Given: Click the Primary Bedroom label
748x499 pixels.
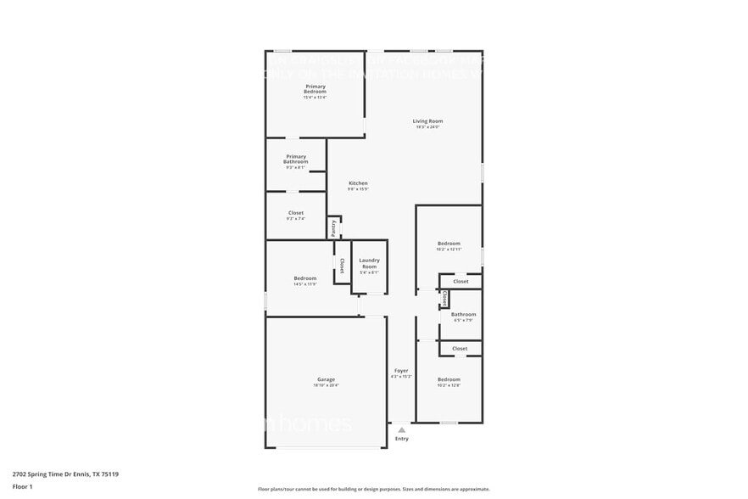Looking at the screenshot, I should tap(315, 88).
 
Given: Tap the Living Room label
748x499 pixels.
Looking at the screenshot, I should tap(427, 121).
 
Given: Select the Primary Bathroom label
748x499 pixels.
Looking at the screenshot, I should tap(295, 159).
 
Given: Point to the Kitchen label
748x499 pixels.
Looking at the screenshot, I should tap(358, 183).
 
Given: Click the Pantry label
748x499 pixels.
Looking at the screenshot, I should tap(334, 227).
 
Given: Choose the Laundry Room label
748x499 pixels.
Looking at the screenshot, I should tap(369, 263).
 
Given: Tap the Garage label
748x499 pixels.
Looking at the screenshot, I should tap(326, 379).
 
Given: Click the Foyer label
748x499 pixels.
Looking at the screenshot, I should tap(401, 371).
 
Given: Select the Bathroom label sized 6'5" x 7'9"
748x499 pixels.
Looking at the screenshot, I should tap(463, 315).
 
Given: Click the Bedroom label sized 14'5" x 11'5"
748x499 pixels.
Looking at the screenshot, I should tap(304, 278).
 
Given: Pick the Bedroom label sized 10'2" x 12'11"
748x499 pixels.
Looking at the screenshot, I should tap(449, 244).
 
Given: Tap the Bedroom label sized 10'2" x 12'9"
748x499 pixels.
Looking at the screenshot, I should tap(449, 379).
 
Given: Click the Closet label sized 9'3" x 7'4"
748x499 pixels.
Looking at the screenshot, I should tap(295, 213).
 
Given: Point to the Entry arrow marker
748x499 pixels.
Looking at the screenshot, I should tap(401, 430).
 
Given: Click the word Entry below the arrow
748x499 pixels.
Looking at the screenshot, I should tap(401, 439).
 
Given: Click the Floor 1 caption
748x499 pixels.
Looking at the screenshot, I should tap(22, 486).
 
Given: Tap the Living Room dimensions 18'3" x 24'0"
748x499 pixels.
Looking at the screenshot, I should tap(427, 127).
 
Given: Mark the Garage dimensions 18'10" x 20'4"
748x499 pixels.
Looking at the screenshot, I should tap(326, 385).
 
